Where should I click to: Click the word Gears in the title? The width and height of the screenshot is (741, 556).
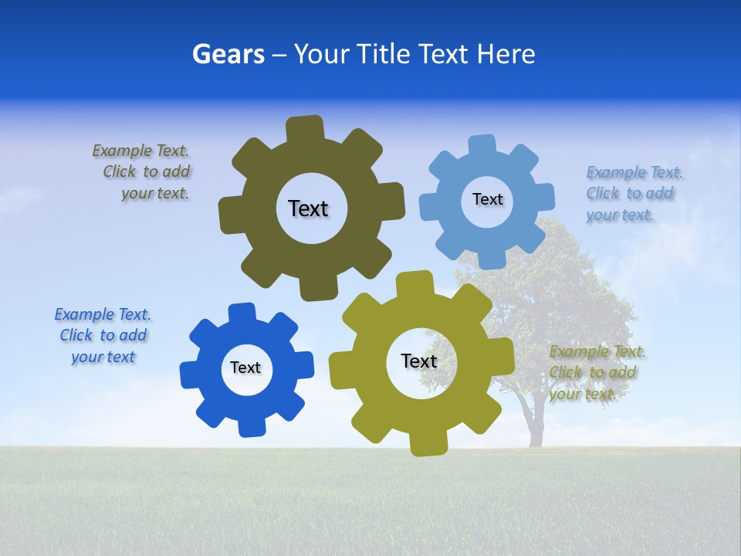(x=228, y=54)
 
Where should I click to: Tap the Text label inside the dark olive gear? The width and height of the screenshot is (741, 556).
(x=308, y=208)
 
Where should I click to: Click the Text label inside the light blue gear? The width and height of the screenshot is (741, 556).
(x=487, y=199)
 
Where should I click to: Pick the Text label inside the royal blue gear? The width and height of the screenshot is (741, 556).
(x=245, y=368)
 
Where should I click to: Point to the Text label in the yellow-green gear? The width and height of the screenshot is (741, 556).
(x=419, y=361)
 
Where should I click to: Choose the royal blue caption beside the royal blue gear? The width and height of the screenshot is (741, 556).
(x=103, y=335)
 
